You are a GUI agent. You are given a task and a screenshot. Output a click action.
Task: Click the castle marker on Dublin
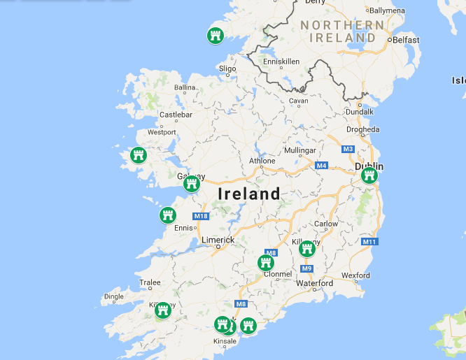[369, 175]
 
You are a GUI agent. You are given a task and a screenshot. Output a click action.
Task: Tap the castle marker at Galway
[192, 184]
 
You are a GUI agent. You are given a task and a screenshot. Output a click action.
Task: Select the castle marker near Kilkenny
[307, 249]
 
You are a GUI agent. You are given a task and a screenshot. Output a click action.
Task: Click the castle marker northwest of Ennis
[167, 215]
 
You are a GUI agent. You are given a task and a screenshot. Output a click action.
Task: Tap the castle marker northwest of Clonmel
[265, 264]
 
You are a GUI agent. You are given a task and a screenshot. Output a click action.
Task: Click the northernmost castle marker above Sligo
[216, 35]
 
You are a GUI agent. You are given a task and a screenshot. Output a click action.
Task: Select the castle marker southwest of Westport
[137, 155]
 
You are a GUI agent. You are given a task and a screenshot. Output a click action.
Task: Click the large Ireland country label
[248, 194]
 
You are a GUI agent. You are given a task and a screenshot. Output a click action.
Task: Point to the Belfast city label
[406, 40]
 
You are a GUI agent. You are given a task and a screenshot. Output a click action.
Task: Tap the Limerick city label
[218, 240]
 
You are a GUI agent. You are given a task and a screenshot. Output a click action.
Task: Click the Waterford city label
[314, 283]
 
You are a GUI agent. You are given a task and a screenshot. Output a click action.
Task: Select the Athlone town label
[262, 161]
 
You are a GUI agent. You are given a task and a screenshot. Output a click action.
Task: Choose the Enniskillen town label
[281, 62]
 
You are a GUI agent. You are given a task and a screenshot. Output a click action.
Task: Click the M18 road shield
[201, 216]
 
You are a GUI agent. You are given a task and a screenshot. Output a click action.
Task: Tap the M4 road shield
[321, 165]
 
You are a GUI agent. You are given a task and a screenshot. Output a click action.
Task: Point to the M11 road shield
[369, 242]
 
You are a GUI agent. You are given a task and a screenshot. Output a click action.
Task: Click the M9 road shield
[307, 268]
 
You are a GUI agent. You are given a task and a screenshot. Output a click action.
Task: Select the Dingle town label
[113, 296]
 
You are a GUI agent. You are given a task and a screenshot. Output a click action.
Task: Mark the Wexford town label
[355, 275]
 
